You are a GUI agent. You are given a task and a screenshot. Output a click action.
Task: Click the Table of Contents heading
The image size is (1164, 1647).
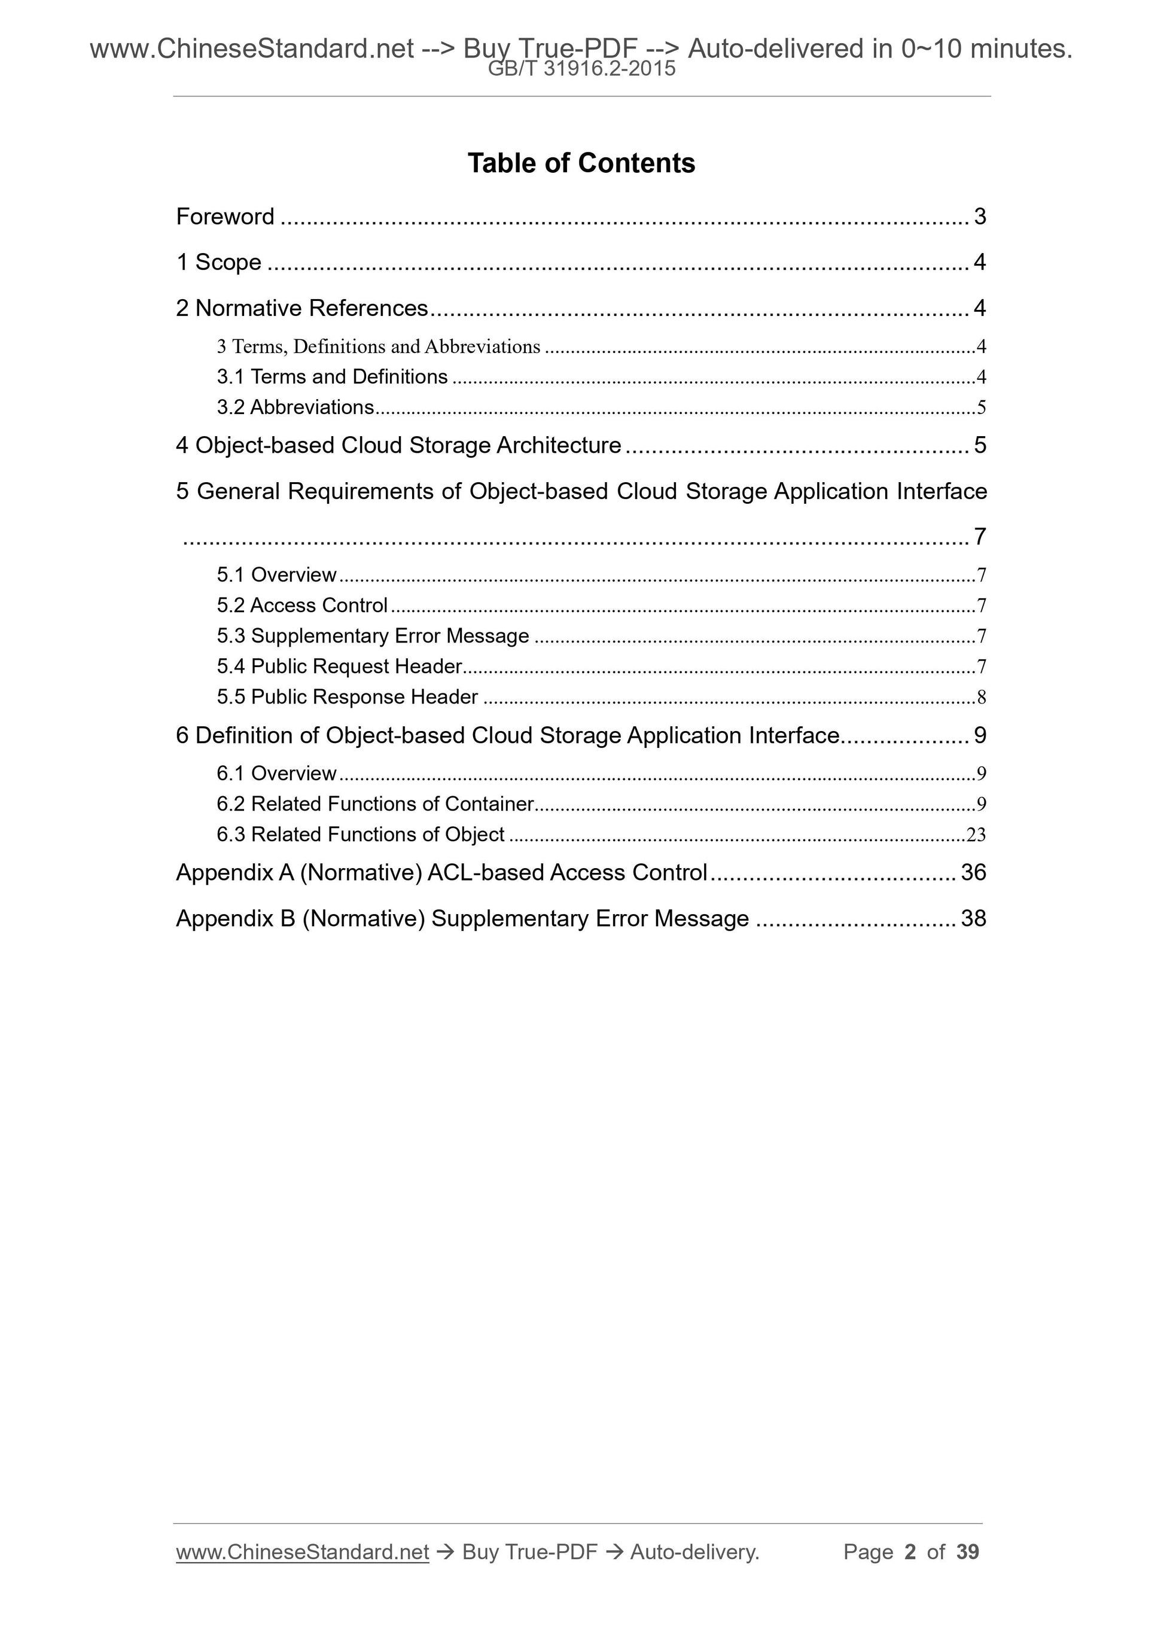pos(581,163)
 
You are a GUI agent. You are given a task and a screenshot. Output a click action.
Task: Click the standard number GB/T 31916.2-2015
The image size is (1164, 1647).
pos(581,69)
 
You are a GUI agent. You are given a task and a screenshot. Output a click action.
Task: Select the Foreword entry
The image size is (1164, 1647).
pos(225,217)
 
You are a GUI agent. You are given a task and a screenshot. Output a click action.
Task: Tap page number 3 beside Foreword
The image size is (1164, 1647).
pos(980,217)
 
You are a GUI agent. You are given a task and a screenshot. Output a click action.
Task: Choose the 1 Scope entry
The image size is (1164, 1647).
pos(219,263)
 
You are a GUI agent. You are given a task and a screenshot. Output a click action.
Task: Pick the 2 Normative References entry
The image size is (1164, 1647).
pos(302,309)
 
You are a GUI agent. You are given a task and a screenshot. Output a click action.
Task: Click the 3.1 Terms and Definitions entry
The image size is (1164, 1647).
pos(332,376)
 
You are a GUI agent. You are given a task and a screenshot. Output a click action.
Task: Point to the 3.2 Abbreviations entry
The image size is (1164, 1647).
pos(295,407)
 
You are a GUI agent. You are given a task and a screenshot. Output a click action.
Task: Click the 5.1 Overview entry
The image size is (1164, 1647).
pos(276,574)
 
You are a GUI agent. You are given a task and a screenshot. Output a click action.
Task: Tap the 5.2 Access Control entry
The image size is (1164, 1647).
pos(302,605)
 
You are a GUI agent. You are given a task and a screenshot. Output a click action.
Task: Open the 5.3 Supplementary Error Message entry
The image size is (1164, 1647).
pos(373,637)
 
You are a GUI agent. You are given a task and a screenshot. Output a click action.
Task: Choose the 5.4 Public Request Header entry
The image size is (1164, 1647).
pos(339,666)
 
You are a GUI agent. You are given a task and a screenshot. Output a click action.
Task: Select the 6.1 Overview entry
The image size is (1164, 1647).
pos(276,774)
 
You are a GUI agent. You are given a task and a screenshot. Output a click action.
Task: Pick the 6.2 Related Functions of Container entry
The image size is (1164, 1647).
pos(375,804)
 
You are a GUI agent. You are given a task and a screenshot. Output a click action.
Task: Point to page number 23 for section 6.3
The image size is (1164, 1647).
pos(976,835)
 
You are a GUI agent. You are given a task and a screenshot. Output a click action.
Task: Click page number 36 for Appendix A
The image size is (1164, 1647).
pos(973,873)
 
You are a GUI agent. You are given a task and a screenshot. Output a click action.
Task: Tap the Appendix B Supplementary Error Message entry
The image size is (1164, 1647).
pos(462,919)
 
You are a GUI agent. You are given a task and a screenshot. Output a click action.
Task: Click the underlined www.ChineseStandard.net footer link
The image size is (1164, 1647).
pos(302,1552)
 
